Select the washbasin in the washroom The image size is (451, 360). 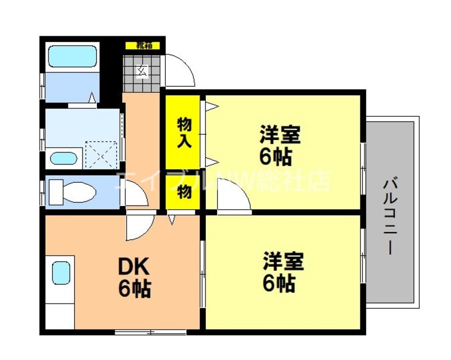pyautogui.click(x=64, y=158)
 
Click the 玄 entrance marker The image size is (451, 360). pyautogui.click(x=142, y=70)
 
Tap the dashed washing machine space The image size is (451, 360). pyautogui.click(x=101, y=154)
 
